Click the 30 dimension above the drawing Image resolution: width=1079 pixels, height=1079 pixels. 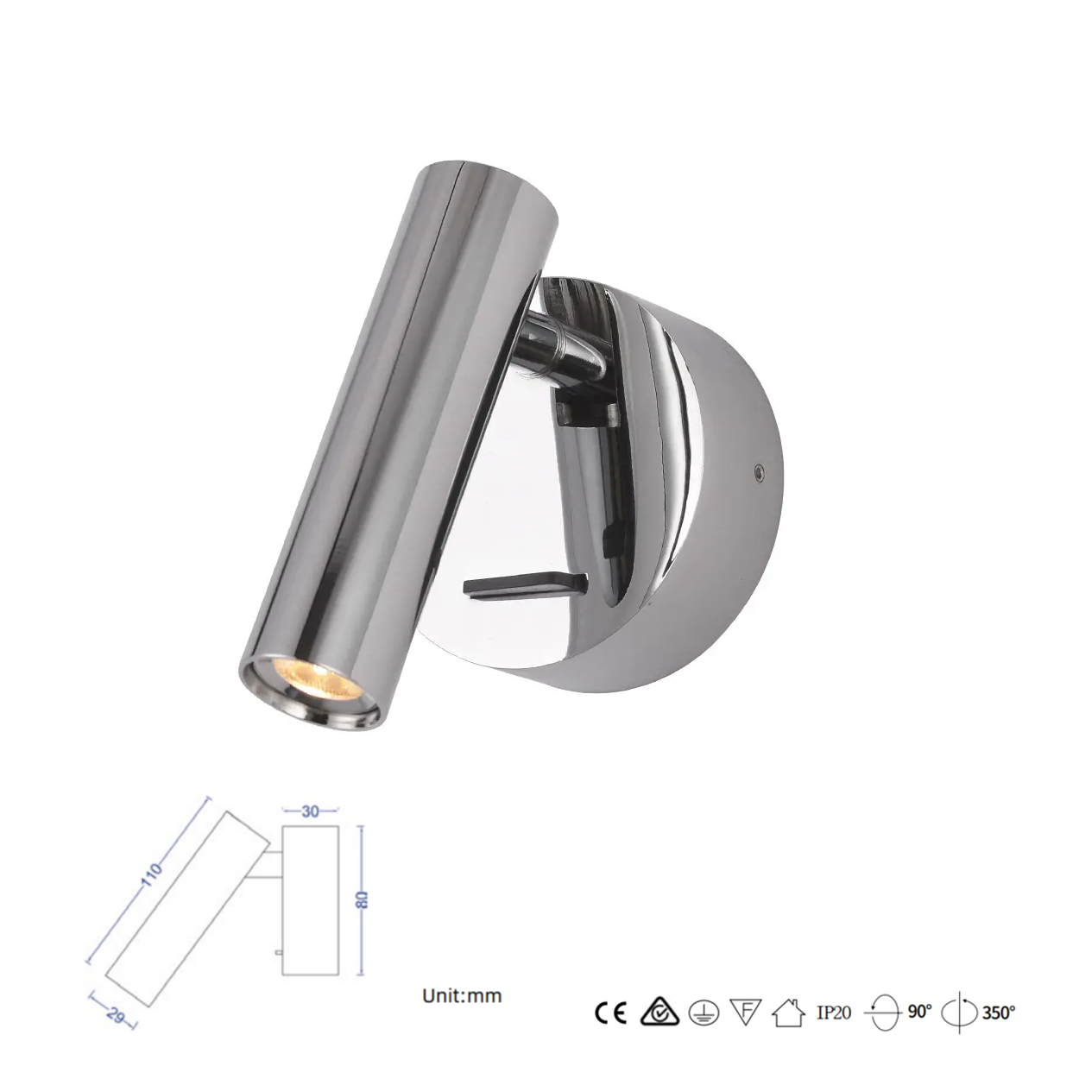point(310,811)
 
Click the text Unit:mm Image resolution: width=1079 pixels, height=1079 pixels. point(462,995)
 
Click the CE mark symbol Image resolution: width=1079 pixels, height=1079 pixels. point(611,1013)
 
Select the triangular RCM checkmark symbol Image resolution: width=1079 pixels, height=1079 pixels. point(659,1013)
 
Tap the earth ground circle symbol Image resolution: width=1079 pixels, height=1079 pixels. point(704,1013)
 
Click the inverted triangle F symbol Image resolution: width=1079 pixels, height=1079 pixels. point(745,1012)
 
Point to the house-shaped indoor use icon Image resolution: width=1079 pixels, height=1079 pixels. point(788,1013)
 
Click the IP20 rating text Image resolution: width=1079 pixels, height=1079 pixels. point(833,1013)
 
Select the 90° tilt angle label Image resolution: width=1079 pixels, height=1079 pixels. point(920,1012)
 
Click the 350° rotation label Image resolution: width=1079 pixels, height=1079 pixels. point(999,1013)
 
